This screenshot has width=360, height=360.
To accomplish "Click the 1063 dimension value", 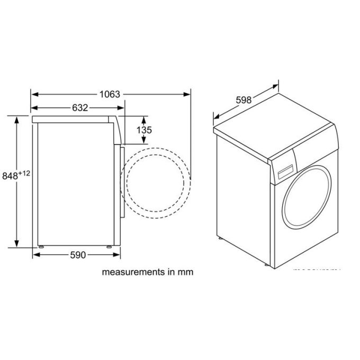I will (111, 94).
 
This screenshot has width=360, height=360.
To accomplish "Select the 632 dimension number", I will (79, 108).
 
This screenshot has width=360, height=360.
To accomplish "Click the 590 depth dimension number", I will (77, 255).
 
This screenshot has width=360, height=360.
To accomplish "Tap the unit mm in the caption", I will (186, 272).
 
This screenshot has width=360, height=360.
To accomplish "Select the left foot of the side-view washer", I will (41, 247).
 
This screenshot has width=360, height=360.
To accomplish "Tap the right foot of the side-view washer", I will (110, 247).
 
